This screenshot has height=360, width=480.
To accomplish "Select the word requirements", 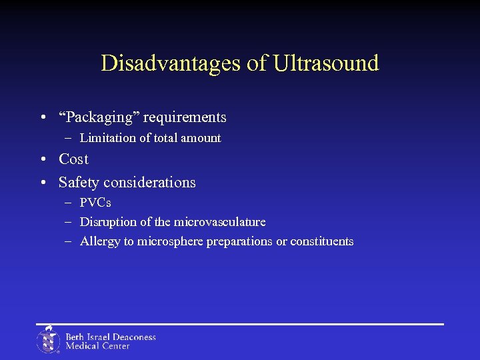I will click(x=185, y=118).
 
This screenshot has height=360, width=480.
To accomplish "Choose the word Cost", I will click(x=73, y=159).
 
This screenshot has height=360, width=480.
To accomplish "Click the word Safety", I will click(x=79, y=183).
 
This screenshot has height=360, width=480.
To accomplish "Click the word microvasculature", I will click(x=220, y=222).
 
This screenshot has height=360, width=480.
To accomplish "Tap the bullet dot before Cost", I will click(x=43, y=160).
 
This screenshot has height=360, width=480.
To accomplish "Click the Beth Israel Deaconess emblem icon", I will click(x=48, y=340).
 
